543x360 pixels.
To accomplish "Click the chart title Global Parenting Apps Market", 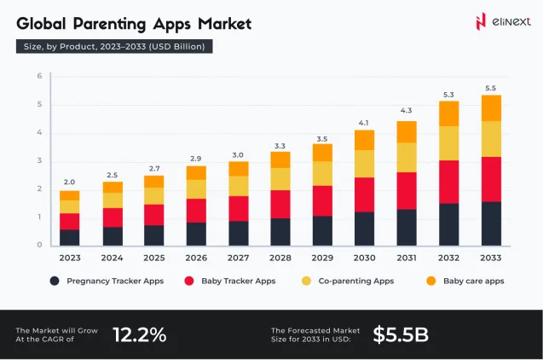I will coord(134,23).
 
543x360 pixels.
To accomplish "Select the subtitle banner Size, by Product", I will coord(114,46).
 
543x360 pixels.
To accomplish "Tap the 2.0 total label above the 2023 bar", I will coord(69,182).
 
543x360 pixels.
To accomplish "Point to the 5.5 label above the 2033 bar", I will coord(490,88).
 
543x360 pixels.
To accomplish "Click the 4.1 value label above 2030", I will coord(364,122).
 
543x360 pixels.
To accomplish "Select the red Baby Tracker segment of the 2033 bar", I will coord(490,179).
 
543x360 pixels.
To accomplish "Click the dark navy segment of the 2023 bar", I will coord(69,237).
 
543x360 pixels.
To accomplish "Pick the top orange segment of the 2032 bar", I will coord(448,113).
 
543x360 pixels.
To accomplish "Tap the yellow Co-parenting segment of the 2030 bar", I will coord(364,164).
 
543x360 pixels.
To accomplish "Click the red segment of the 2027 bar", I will coord(238,209).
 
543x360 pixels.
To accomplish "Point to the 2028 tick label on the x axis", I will coord(280,257).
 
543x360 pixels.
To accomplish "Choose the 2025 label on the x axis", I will coord(153,257).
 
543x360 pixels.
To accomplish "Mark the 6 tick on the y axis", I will coord(39,77).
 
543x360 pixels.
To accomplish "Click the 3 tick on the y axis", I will coord(39,161).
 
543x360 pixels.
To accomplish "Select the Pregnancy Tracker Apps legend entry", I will coord(103,281).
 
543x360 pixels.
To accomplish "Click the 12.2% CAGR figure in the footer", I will coord(139,334).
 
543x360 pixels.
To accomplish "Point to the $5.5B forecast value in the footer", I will coord(401,334).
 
